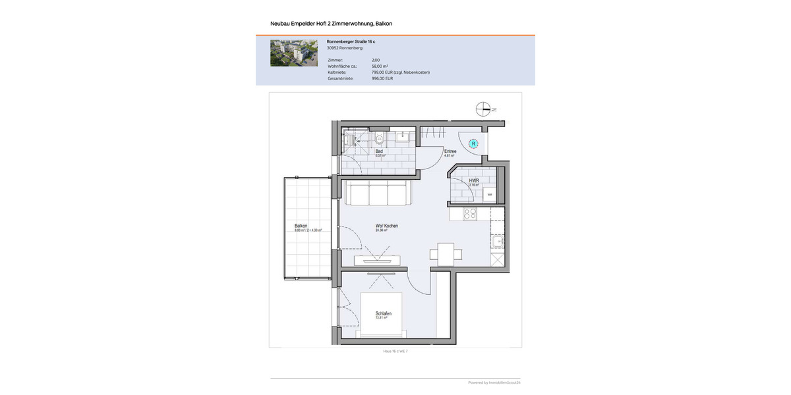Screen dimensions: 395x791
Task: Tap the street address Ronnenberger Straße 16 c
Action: point(351,41)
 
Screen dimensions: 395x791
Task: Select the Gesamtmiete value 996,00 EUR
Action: point(382,78)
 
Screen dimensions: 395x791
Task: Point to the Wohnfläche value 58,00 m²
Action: point(380,66)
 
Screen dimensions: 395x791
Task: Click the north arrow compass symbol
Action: point(484,110)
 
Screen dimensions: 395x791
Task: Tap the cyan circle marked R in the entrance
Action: point(473,144)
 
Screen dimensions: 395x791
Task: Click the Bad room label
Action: point(379,151)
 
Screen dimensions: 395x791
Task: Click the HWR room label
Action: point(473,180)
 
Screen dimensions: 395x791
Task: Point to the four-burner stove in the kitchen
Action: point(470,213)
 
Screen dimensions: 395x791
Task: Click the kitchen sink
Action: point(498,242)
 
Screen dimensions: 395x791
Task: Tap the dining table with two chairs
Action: point(446,253)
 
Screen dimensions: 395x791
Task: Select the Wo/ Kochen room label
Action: point(386,226)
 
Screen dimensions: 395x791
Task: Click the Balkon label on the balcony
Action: point(301,226)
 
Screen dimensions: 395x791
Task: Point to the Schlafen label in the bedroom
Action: point(383,313)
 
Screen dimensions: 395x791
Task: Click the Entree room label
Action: point(450,151)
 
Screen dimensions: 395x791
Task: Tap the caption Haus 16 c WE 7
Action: point(395,352)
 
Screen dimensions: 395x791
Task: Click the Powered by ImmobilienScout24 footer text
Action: point(494,382)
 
